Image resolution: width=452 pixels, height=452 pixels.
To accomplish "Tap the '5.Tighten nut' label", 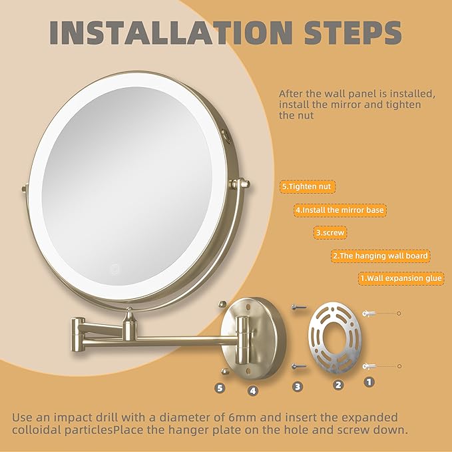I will coord(308,187).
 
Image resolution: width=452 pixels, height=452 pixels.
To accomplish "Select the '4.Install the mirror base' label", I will coord(340,210).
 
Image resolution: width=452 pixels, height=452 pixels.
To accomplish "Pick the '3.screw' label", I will coord(331,233).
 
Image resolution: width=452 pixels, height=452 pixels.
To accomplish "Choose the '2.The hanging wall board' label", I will coord(380,256).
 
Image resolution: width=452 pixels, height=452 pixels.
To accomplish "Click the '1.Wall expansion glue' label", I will coord(401,278).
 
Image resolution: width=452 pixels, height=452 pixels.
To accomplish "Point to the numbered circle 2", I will coord(338,384).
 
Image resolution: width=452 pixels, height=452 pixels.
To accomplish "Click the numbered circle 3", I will coord(298,386).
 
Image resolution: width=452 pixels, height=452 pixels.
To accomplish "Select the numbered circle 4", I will coord(253,391).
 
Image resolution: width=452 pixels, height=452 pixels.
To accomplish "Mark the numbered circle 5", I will coord(220,387).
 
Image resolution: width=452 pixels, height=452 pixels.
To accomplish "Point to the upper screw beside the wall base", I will coord(298,307).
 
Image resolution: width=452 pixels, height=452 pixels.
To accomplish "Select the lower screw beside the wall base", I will coord(298,365).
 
